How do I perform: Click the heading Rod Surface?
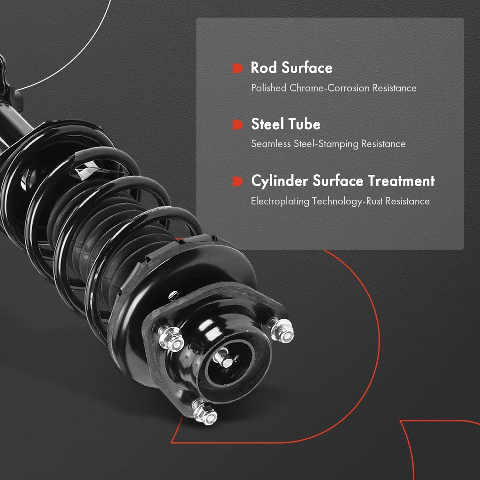tap(292, 68)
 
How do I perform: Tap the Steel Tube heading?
tap(285, 124)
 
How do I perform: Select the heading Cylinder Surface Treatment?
tap(343, 181)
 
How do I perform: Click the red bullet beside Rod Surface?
tap(237, 68)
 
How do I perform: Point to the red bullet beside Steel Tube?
tap(237, 124)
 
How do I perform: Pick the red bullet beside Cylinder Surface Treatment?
tap(237, 181)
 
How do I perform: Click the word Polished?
tap(268, 88)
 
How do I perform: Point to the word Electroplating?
tap(280, 201)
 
